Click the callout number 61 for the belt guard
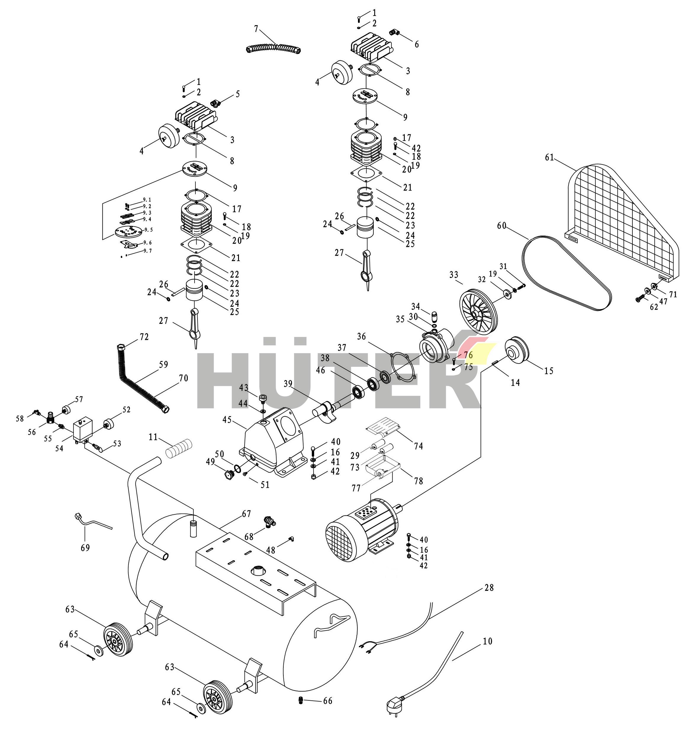pyautogui.click(x=549, y=157)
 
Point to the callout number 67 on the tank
pyautogui.click(x=246, y=514)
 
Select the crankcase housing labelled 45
pyautogui.click(x=273, y=442)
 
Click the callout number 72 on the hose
pyautogui.click(x=144, y=337)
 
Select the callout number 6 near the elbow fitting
pyautogui.click(x=417, y=45)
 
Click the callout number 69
pyautogui.click(x=85, y=548)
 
